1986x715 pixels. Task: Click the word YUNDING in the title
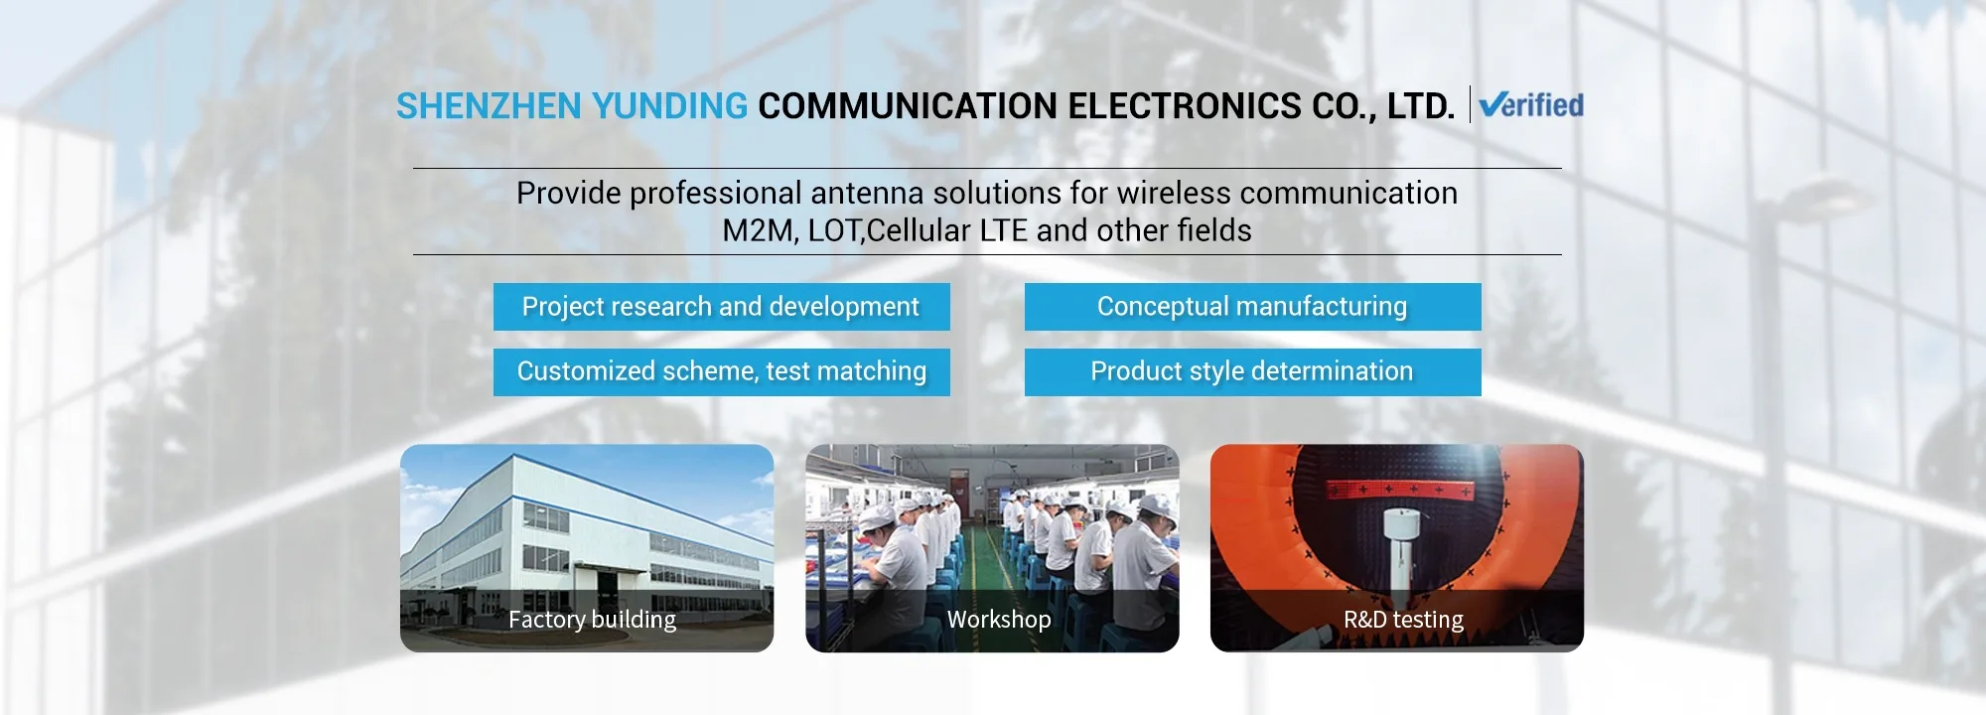pos(669,106)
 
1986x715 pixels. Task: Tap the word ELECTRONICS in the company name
pos(1184,106)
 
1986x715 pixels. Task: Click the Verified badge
pos(1530,105)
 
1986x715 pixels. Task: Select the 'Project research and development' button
pos(722,307)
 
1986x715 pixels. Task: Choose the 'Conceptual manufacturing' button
pos(1253,307)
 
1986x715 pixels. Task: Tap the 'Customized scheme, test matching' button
pos(722,372)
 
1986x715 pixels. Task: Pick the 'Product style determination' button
pos(1253,372)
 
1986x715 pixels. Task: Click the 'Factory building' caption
pos(592,620)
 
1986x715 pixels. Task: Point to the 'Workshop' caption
pos(999,620)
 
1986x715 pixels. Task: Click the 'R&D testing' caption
pos(1403,620)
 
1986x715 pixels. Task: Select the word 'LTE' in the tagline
pos(1003,230)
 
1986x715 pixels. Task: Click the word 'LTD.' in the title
pos(1421,106)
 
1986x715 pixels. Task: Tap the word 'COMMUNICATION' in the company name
pos(908,106)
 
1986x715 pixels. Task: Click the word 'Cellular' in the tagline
pos(919,230)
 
